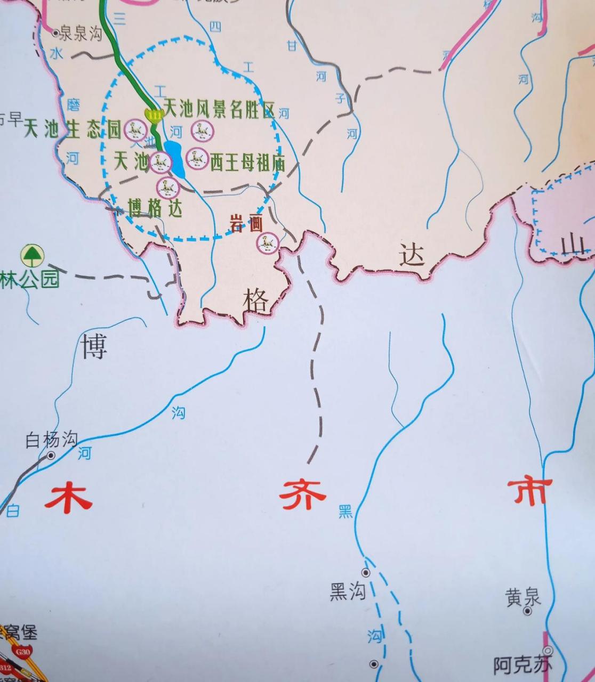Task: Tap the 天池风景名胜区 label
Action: pos(219,110)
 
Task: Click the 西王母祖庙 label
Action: pos(247,162)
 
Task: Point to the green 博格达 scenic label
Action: pos(155,208)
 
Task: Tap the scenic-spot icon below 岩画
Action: pos(267,243)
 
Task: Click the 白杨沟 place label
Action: pos(51,440)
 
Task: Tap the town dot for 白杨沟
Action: pos(51,456)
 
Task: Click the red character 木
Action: pos(68,496)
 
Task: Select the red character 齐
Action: pos(303,496)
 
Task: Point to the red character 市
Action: pos(529,491)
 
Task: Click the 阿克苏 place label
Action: pos(522,665)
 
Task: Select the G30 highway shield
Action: pos(23,651)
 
